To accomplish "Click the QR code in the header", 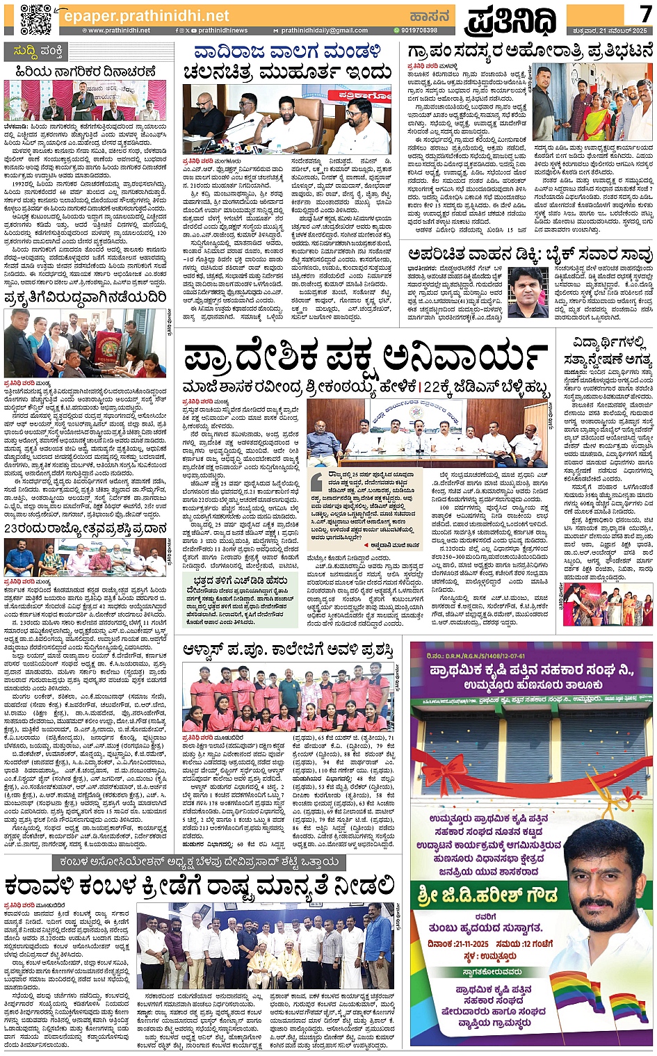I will click(35, 18).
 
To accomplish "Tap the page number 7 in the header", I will click(644, 13).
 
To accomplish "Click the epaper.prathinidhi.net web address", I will click(146, 15).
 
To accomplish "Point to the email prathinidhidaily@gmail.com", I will click(324, 31).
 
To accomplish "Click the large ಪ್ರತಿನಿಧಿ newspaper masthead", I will click(510, 19).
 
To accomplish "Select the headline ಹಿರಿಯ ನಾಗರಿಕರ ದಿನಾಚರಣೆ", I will click(86, 72).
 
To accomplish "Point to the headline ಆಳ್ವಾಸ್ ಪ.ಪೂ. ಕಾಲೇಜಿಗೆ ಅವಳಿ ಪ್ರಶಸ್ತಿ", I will click(288, 650).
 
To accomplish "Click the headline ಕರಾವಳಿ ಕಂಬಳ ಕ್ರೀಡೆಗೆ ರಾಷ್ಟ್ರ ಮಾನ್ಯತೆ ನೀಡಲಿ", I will click(200, 886).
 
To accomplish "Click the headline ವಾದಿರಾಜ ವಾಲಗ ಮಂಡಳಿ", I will click(287, 51).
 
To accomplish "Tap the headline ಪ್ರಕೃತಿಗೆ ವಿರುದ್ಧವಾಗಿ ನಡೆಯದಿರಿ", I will click(86, 298).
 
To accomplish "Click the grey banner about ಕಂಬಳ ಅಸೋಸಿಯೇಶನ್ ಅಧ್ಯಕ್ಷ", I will click(200, 863).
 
